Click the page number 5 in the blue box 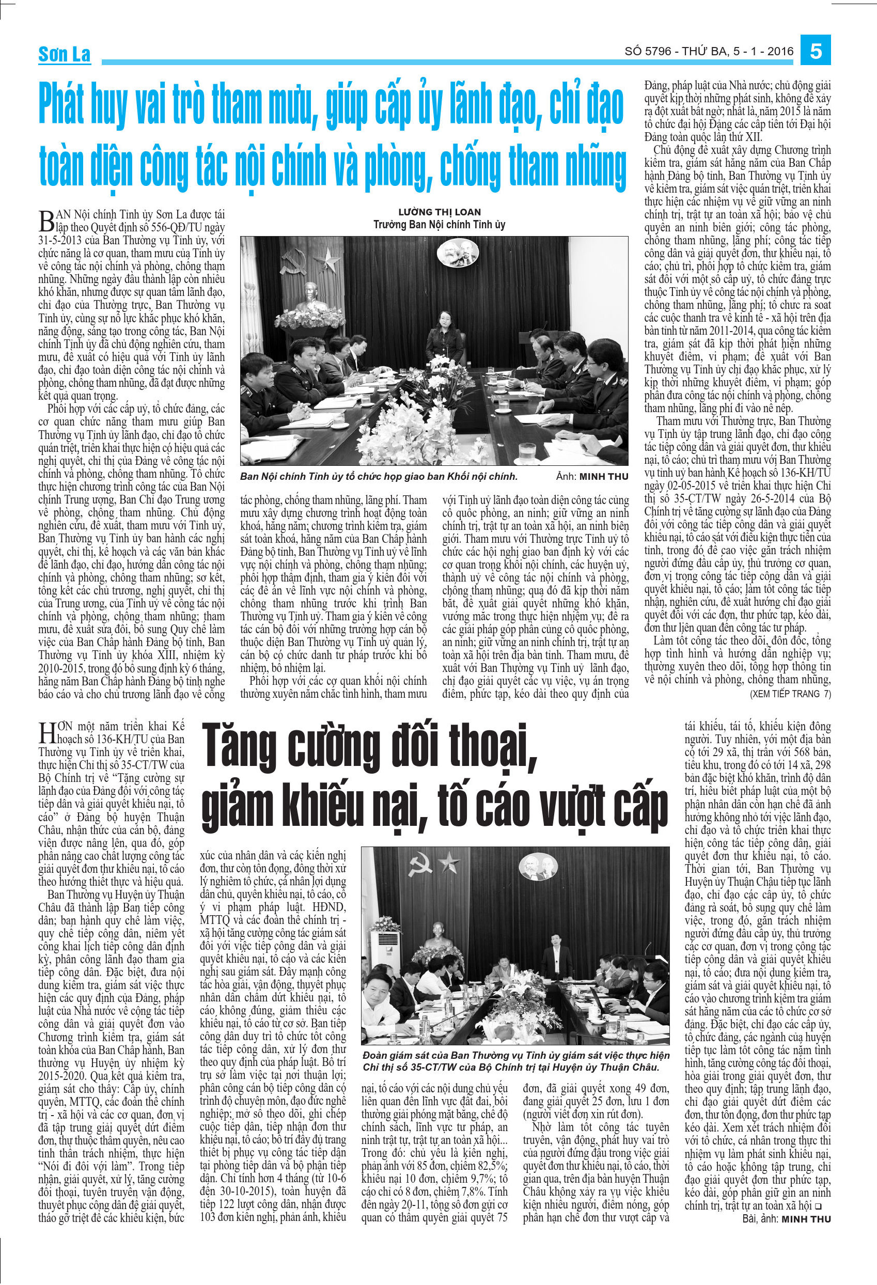pyautogui.click(x=816, y=52)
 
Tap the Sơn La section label pyautogui.click(x=64, y=54)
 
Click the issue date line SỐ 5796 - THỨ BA pyautogui.click(x=709, y=52)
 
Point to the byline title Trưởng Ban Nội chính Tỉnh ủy pyautogui.click(x=439, y=225)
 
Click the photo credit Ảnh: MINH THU pyautogui.click(x=592, y=477)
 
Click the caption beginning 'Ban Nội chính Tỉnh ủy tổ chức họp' pyautogui.click(x=379, y=477)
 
